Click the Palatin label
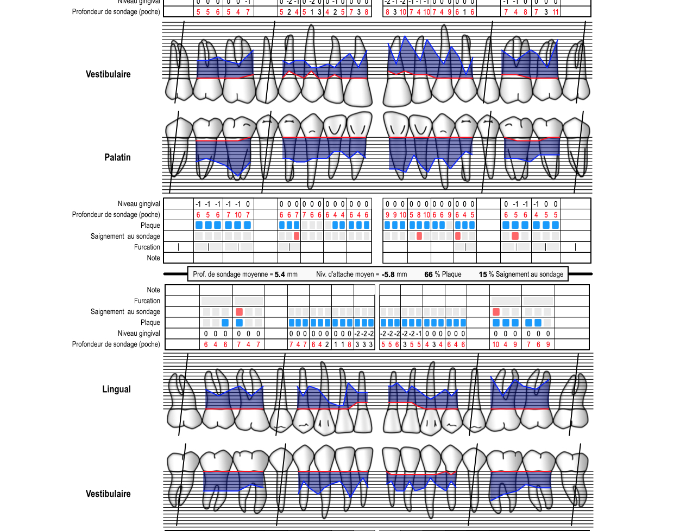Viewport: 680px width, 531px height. tap(117, 157)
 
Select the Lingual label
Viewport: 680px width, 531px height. tap(116, 389)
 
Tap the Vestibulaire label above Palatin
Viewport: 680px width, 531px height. tap(108, 74)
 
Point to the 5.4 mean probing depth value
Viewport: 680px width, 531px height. tap(280, 274)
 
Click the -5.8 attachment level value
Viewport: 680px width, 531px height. tap(388, 274)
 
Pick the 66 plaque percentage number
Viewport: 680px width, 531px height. tap(429, 274)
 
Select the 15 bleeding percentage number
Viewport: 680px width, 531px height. tap(483, 274)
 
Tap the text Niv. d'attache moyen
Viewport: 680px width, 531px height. tap(348, 274)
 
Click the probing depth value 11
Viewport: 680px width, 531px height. tap(556, 12)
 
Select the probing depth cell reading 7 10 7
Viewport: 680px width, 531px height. tap(238, 215)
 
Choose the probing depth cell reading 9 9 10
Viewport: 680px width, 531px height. tap(395, 215)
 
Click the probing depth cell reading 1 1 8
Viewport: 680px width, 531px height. tap(342, 344)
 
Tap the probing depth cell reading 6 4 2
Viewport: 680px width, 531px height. tap(320, 344)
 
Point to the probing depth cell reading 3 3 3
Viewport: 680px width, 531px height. tap(364, 344)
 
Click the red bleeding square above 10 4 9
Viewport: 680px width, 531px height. tap(496, 312)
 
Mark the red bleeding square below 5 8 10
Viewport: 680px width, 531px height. tap(419, 236)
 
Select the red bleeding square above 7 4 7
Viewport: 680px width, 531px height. tap(239, 312)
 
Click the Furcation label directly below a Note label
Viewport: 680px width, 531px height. tap(147, 300)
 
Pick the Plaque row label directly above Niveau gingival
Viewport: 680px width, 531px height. tap(150, 322)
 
